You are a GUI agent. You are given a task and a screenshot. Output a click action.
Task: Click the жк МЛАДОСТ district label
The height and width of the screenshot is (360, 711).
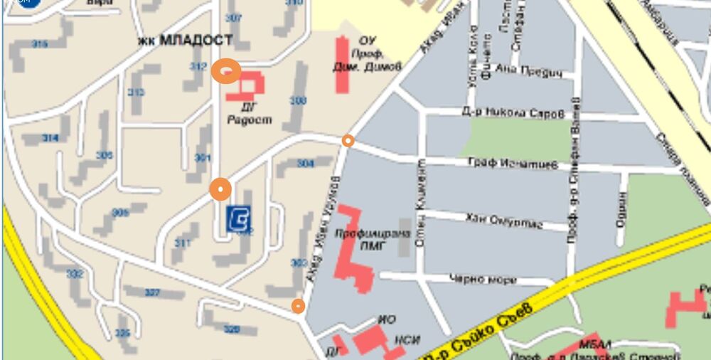(186, 41)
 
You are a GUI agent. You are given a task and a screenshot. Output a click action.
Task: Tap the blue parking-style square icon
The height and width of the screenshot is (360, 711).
(238, 218)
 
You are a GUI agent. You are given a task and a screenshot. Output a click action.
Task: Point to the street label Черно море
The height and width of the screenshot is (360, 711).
(483, 279)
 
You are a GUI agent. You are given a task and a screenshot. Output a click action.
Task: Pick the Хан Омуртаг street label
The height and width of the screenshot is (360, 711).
(503, 221)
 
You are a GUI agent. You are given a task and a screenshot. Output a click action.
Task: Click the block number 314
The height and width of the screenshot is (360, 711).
(50, 138)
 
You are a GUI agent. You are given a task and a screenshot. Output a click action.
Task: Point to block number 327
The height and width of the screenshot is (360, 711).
(152, 292)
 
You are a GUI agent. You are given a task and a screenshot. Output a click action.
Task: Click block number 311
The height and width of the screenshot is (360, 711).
(183, 243)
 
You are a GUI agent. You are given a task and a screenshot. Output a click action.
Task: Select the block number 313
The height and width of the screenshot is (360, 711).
(136, 92)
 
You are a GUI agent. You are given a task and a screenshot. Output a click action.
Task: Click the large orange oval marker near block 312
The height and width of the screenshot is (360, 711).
(226, 71)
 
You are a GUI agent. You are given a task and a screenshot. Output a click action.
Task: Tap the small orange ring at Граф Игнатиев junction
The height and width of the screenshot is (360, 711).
(348, 141)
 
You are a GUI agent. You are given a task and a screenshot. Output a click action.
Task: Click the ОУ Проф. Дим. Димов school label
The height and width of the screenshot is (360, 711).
(367, 53)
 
